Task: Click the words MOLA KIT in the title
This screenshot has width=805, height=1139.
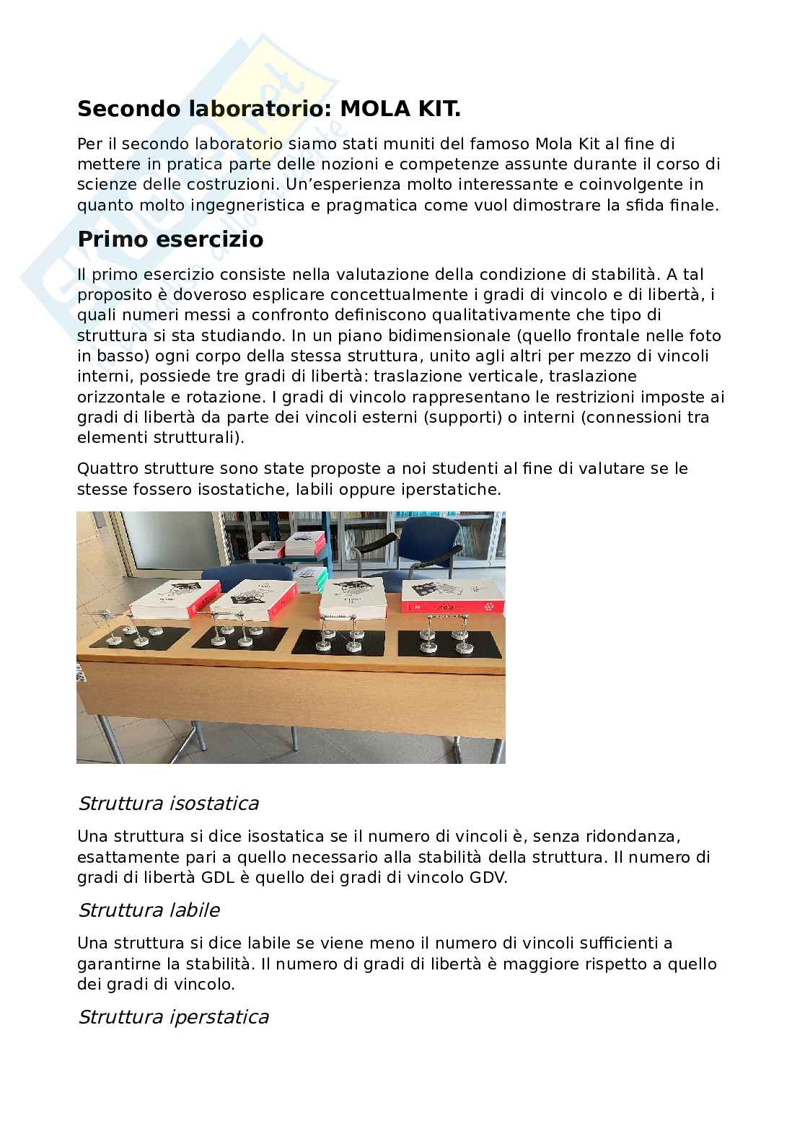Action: tap(400, 109)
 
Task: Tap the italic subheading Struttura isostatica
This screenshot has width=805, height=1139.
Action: tap(168, 803)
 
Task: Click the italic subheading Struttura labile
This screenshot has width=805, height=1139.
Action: tap(149, 910)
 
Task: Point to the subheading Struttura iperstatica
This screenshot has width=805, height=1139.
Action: tap(173, 1016)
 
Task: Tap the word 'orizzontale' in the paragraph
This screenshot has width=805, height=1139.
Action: tap(120, 397)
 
